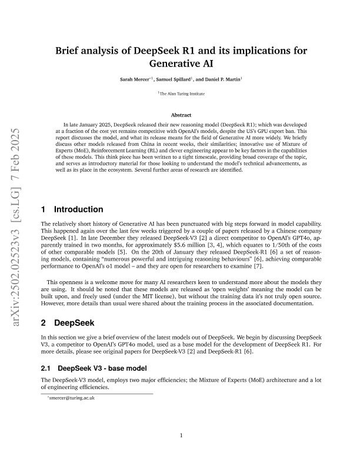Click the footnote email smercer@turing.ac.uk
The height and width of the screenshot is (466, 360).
pos(72,398)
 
